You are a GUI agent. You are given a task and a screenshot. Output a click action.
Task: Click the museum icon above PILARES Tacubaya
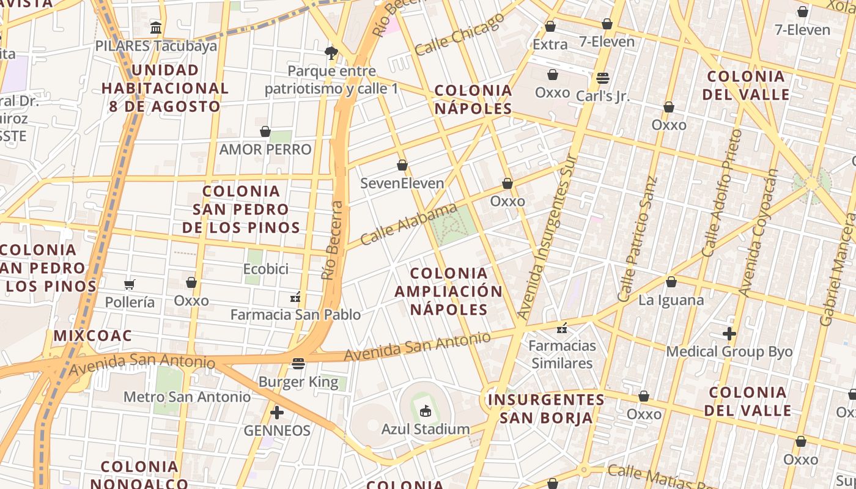pyautogui.click(x=156, y=28)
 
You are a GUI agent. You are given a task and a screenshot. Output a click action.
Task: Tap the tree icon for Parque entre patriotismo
pyautogui.click(x=332, y=53)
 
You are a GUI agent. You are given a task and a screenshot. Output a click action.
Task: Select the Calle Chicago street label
pyautogui.click(x=459, y=34)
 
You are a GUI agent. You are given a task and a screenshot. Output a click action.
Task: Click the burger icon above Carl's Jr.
pyautogui.click(x=603, y=78)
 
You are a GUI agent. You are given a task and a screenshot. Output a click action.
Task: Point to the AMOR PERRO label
pyautogui.click(x=265, y=149)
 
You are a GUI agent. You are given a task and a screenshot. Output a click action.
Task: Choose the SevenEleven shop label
pyautogui.click(x=402, y=183)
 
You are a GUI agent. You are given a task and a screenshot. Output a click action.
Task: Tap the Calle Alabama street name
pyautogui.click(x=408, y=225)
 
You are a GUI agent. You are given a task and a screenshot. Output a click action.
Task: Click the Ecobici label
pyautogui.click(x=265, y=269)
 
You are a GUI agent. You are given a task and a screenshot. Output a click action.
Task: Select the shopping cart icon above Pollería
pyautogui.click(x=130, y=284)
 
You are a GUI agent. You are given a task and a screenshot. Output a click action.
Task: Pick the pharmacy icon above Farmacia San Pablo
pyautogui.click(x=296, y=298)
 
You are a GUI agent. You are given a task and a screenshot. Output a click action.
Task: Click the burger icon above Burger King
pyautogui.click(x=298, y=364)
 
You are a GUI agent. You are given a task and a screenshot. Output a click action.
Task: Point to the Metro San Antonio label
pyautogui.click(x=187, y=397)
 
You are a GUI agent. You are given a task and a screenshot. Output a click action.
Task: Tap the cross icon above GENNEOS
pyautogui.click(x=277, y=413)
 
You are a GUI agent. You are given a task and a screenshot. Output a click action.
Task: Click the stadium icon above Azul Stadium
pyautogui.click(x=426, y=411)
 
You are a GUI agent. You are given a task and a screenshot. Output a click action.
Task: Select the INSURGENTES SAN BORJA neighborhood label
pyautogui.click(x=546, y=408)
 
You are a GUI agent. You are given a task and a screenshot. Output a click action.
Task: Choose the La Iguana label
pyautogui.click(x=671, y=300)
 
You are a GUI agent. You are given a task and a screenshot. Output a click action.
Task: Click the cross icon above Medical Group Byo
pyautogui.click(x=729, y=334)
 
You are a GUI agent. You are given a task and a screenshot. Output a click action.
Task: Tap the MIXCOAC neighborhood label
pyautogui.click(x=93, y=336)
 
